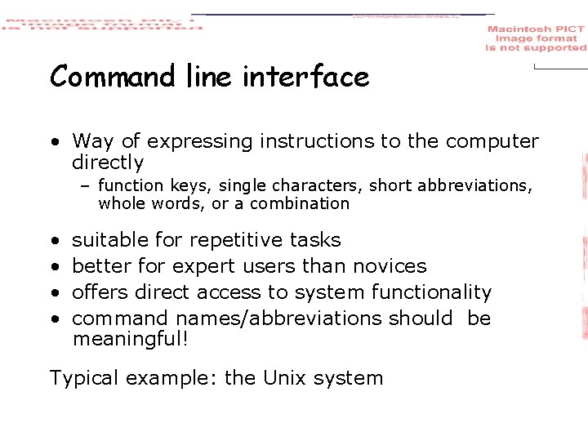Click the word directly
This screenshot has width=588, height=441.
pos(108,163)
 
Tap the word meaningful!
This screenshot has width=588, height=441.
pos(131,338)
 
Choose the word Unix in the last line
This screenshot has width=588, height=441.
pos(284,378)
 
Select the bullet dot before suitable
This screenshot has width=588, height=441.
pos(54,241)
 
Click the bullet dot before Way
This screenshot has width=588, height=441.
pos(54,142)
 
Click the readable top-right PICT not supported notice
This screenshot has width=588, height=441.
pos(536,38)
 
